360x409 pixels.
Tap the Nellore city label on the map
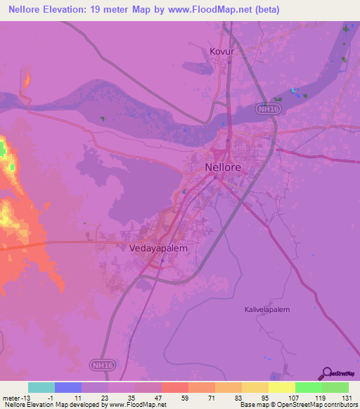click(223, 168)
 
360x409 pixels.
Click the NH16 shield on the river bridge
click(264, 109)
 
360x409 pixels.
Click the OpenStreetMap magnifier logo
click(326, 372)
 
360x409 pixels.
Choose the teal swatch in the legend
click(41, 387)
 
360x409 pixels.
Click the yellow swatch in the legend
click(282, 387)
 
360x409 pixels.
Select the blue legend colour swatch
click(68, 387)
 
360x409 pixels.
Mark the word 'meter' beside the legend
click(9, 398)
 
